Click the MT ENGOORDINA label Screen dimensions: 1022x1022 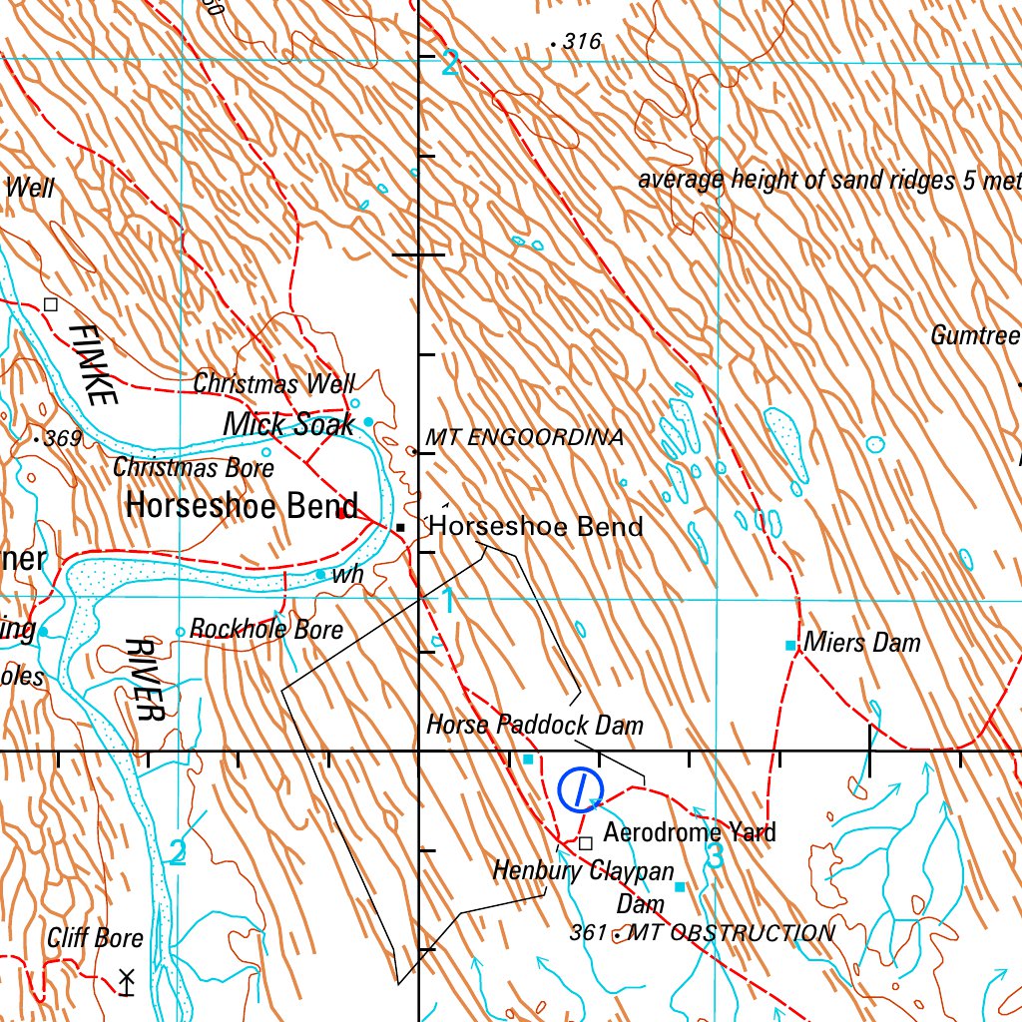point(524,437)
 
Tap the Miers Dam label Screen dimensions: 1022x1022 point(862,642)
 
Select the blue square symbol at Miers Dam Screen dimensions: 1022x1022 point(790,646)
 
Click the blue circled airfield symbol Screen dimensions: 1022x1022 point(579,790)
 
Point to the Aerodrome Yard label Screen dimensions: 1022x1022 point(690,831)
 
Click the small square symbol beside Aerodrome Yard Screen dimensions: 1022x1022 point(586,842)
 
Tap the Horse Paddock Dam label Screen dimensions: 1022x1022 point(535,724)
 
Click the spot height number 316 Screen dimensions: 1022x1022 point(583,42)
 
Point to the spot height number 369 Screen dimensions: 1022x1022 point(62,438)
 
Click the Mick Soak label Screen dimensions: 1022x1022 point(288,424)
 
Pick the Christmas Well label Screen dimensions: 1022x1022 point(273,383)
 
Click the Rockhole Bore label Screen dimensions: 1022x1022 point(266,629)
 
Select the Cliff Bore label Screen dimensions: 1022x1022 point(95,938)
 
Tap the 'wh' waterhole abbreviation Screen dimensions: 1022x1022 point(347,575)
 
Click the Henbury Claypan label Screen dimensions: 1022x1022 point(583,871)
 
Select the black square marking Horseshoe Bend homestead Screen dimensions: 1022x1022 point(400,527)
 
